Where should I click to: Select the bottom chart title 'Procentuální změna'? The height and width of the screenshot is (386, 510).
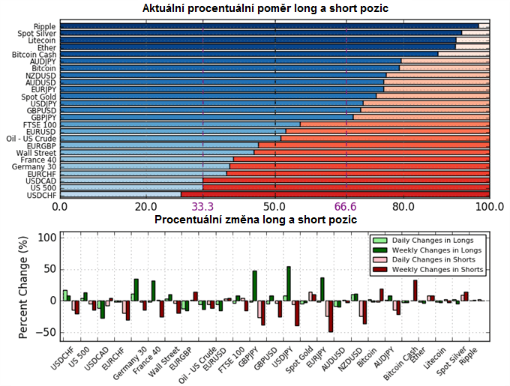point(255,220)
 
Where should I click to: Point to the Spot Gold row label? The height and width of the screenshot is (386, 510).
point(38,97)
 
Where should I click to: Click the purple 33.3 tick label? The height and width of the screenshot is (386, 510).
point(203,207)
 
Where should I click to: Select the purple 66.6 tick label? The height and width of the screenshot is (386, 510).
point(346,207)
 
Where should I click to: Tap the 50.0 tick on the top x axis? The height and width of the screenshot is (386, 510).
point(274,207)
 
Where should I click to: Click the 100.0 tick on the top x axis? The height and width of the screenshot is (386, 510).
point(490,207)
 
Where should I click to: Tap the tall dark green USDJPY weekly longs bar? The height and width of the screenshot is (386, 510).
point(289,283)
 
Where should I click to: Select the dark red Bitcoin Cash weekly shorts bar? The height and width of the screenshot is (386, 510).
point(415,291)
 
